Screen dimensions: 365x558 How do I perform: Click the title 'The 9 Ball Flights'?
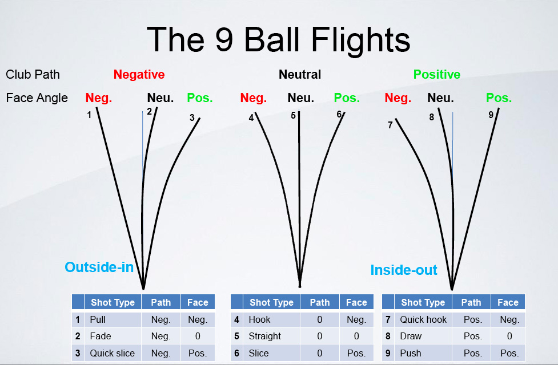279,39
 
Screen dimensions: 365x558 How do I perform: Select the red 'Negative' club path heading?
139,75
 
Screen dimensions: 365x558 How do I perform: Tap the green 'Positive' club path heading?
437,75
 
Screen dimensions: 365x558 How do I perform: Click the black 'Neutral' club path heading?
300,75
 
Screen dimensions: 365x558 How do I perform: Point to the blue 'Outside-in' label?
99,267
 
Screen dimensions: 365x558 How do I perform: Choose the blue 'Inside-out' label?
404,270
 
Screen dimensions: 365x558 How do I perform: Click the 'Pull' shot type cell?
98,319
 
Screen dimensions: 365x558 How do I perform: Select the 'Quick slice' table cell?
112,353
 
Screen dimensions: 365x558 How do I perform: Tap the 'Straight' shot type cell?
265,336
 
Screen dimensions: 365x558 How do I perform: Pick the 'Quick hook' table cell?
423,319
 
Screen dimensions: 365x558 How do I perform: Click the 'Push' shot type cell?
411,353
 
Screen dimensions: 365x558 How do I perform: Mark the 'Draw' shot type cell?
411,336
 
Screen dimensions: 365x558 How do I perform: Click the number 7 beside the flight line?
390,125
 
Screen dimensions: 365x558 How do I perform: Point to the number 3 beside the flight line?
192,118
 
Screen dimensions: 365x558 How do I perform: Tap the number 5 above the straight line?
293,116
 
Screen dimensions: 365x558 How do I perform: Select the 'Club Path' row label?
33,75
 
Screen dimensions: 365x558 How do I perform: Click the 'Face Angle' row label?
37,98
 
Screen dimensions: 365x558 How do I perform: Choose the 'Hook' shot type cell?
260,319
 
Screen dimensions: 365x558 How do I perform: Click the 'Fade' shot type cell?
101,336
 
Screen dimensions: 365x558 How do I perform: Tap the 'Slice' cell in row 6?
259,353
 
